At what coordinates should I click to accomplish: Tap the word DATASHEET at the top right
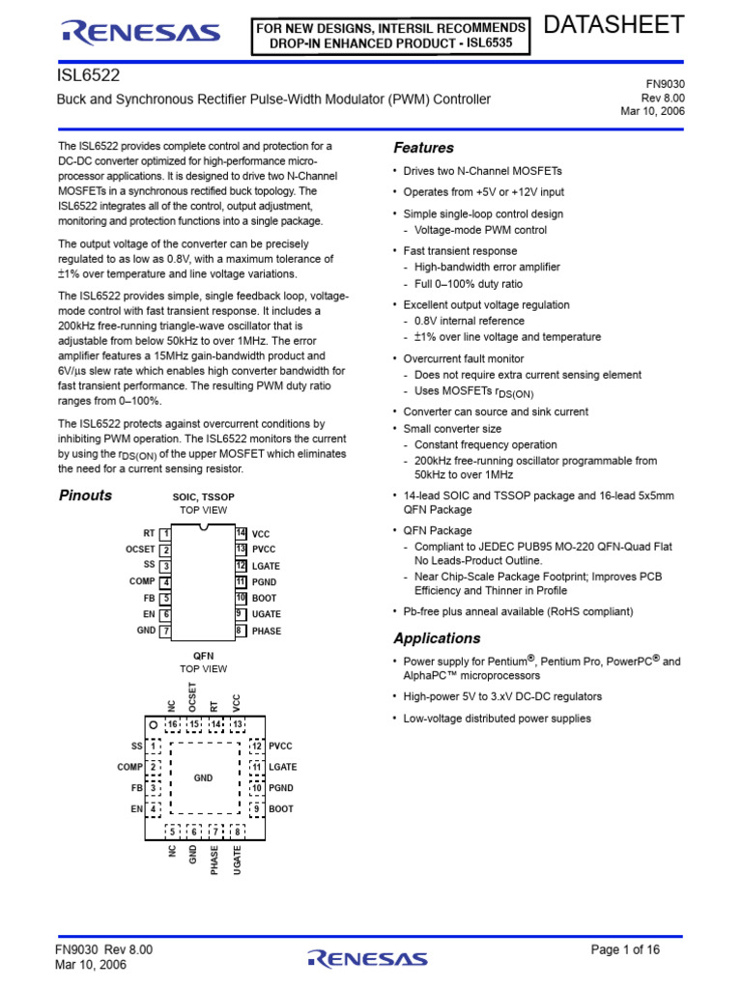pos(614,25)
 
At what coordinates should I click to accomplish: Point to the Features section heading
pos(423,148)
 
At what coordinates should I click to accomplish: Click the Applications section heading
pos(437,638)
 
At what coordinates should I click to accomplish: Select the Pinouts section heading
pos(86,495)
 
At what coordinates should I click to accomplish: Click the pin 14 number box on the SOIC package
pos(241,533)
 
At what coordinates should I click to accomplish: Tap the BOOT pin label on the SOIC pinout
pos(264,599)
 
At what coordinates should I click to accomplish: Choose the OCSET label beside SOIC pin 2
pos(141,550)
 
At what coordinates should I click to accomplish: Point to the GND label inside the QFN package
pos(203,777)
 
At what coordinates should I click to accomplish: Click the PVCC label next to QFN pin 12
pos(281,747)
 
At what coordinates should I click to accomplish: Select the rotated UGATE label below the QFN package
pos(238,860)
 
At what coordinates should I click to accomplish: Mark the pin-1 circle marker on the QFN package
pos(153,724)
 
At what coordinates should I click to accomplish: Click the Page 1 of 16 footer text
pos(625,950)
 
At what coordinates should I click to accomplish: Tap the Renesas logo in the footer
pos(366,958)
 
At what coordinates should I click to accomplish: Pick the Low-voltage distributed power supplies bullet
pos(497,719)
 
